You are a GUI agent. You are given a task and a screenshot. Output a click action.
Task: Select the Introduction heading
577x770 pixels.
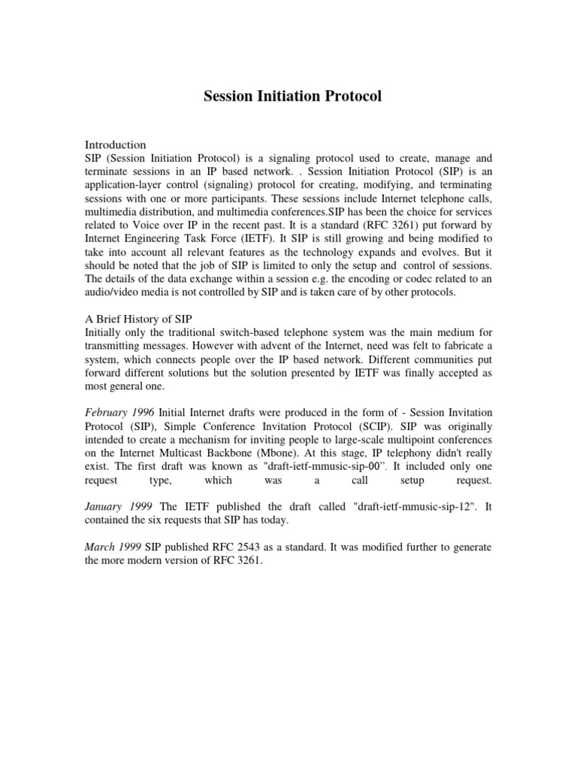[115, 144]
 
